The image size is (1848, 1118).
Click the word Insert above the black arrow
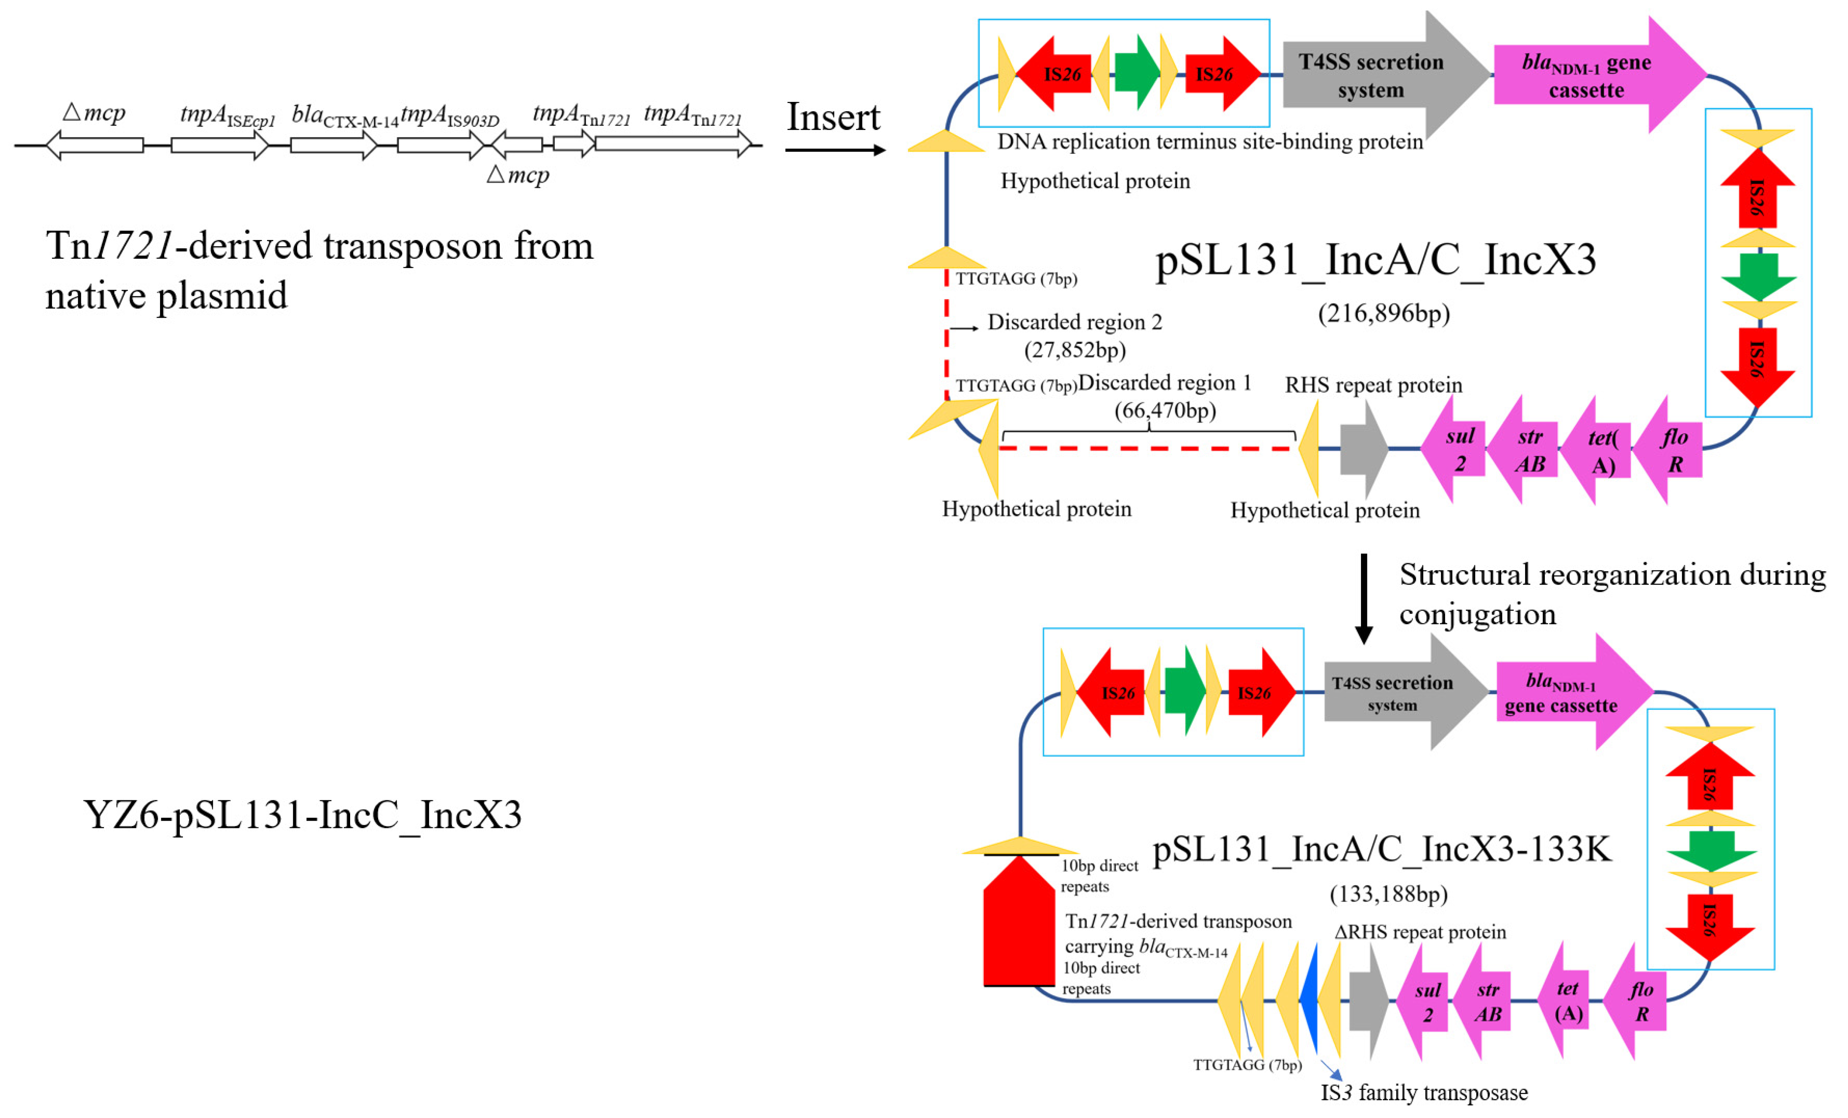click(833, 117)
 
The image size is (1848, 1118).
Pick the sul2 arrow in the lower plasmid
click(1422, 1001)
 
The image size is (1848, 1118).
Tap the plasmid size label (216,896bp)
click(1384, 313)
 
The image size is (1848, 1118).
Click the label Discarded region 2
click(1075, 322)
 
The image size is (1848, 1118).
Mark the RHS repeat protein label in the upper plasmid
click(1373, 385)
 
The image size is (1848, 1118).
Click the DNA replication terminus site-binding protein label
click(1210, 141)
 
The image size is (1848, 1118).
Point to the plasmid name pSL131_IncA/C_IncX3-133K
click(1382, 850)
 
